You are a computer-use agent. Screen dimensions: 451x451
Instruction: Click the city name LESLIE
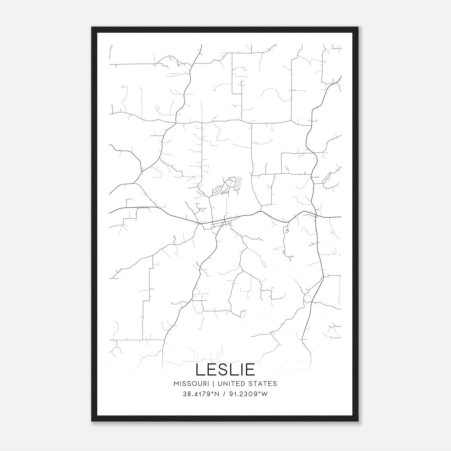[x=225, y=370]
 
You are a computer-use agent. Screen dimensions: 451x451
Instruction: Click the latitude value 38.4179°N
[x=201, y=394]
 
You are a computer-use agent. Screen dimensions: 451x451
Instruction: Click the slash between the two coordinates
[x=224, y=394]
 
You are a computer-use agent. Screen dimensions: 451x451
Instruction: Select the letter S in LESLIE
[x=222, y=370]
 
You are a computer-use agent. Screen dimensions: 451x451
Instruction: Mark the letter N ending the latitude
[x=217, y=394]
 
